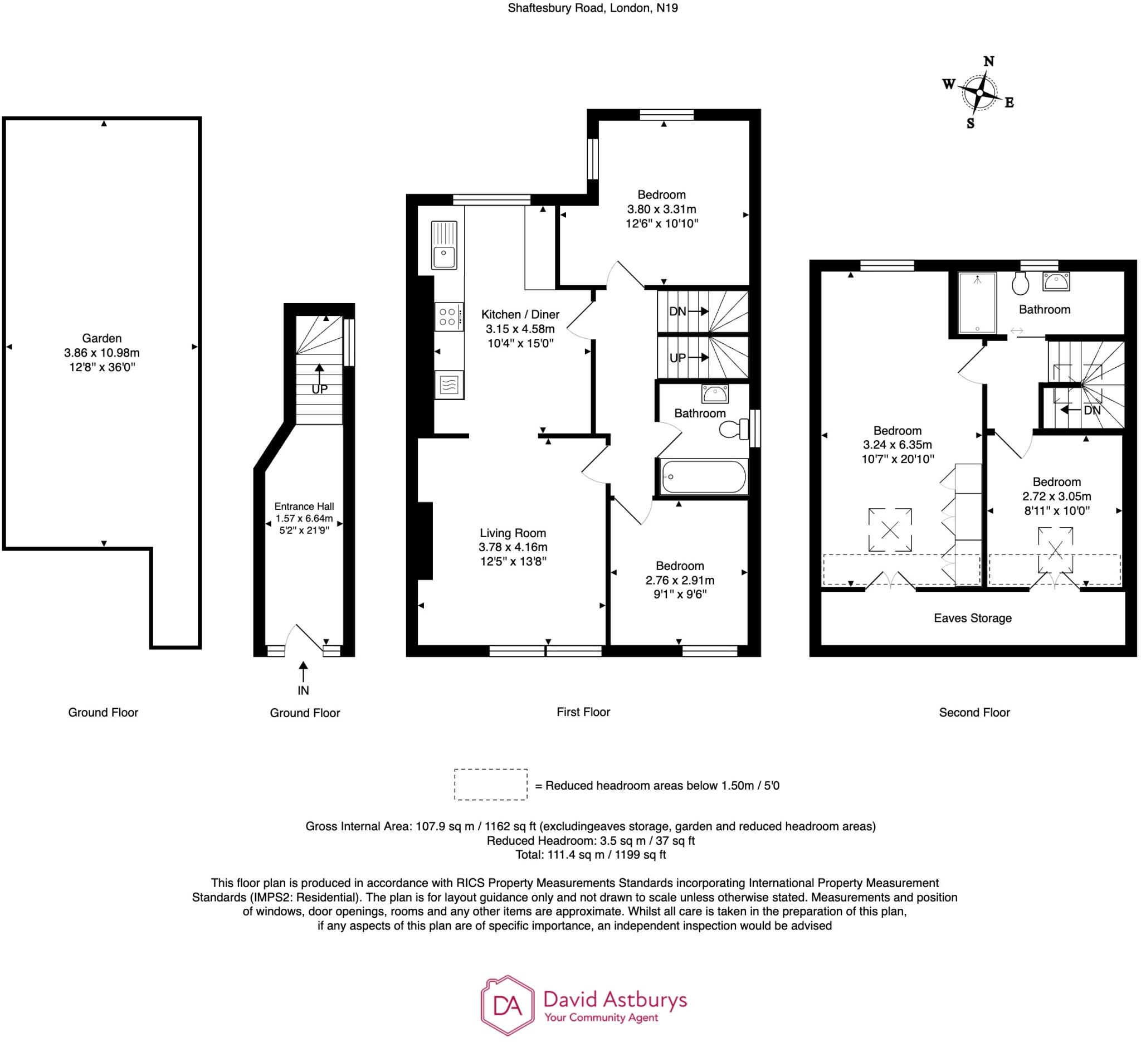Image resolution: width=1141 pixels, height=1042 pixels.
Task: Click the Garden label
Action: click(102, 338)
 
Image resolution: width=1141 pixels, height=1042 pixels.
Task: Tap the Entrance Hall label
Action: click(304, 507)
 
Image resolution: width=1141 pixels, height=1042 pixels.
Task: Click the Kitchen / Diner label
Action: click(520, 315)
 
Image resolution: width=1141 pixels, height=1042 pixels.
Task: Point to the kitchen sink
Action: click(444, 245)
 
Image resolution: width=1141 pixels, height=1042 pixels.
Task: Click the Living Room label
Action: click(513, 533)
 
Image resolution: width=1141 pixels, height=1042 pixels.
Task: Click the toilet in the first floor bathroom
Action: click(734, 429)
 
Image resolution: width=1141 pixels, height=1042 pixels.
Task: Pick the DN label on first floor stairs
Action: click(677, 311)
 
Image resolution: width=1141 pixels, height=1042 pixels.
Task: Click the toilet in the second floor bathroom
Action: click(1020, 283)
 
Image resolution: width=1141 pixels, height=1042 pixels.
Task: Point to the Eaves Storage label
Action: click(972, 618)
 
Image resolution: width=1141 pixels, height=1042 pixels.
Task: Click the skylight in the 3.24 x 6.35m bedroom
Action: click(890, 530)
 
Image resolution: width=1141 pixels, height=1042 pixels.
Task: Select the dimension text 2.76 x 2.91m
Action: click(680, 580)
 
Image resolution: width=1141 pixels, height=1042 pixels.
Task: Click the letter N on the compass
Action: click(989, 61)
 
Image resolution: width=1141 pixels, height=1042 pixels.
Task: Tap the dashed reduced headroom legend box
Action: click(491, 785)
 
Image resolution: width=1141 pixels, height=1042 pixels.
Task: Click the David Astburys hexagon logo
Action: click(507, 1005)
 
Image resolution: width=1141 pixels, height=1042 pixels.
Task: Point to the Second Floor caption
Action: click(974, 713)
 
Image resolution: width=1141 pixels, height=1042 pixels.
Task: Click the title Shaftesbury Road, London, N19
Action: click(593, 8)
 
